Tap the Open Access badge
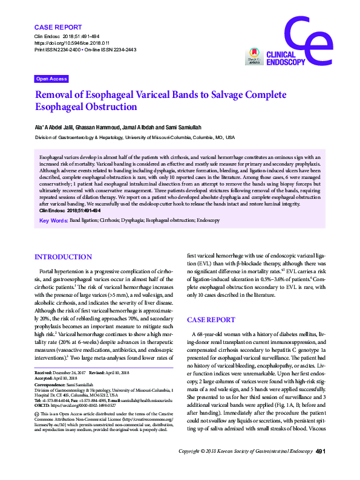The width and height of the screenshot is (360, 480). [x=51, y=79]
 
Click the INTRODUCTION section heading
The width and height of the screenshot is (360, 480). [x=64, y=256]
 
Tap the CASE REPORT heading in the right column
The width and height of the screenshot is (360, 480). [x=211, y=319]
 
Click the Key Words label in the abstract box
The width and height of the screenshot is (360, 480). [x=53, y=221]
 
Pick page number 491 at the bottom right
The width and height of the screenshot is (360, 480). [x=321, y=469]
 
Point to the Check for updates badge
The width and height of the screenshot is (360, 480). [x=252, y=57]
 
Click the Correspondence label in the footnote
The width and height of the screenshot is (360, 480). [x=51, y=385]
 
